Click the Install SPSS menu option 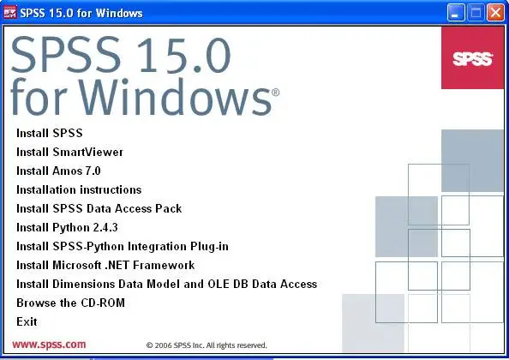50,133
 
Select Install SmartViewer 69,152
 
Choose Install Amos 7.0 58,171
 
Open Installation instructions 79,189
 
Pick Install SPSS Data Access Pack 99,208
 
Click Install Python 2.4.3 67,227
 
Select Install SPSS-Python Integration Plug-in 123,246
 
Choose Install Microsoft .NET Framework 105,265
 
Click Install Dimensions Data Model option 166,284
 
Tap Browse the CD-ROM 70,303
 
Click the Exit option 27,321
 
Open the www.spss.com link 49,344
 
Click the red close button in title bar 495,13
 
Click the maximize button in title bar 476,13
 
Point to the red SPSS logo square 473,57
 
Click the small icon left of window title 9,13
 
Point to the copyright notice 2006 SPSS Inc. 207,345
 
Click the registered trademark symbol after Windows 275,93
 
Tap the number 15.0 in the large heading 184,55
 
